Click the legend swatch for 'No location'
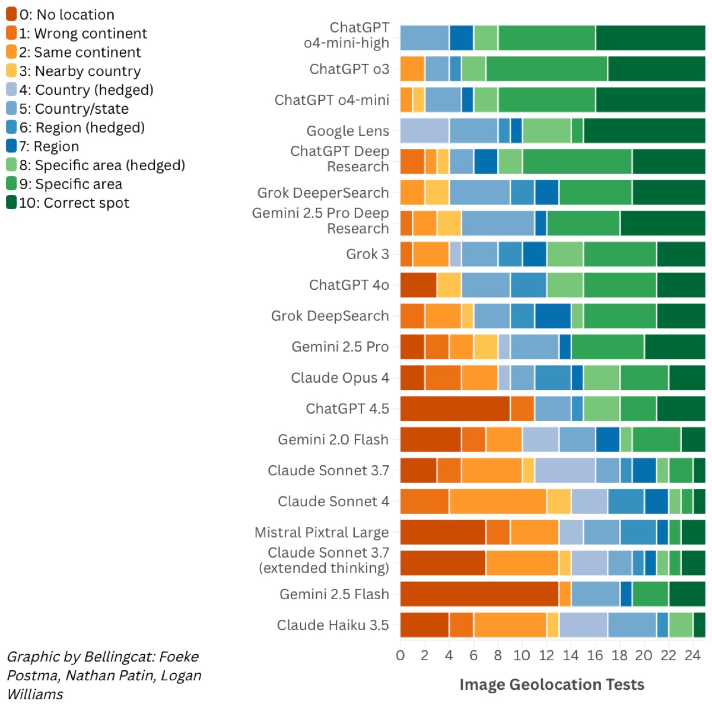[x=11, y=14]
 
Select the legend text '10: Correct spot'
[x=74, y=203]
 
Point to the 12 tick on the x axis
[x=546, y=655]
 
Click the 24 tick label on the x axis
[x=692, y=655]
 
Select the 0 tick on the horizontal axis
[x=401, y=655]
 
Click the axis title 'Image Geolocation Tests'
[x=552, y=684]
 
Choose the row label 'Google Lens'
[x=348, y=131]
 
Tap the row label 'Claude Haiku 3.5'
[x=333, y=625]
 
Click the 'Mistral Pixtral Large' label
[x=322, y=532]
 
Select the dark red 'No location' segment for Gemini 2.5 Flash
[x=479, y=594]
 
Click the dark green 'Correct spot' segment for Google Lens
[x=644, y=131]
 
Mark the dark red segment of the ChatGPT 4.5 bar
[x=455, y=409]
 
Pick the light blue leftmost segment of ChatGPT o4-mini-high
[x=425, y=38]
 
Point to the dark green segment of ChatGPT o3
[x=656, y=69]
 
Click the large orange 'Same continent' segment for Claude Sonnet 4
[x=498, y=501]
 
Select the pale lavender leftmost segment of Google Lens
[x=425, y=131]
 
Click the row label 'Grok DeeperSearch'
[x=323, y=193]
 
